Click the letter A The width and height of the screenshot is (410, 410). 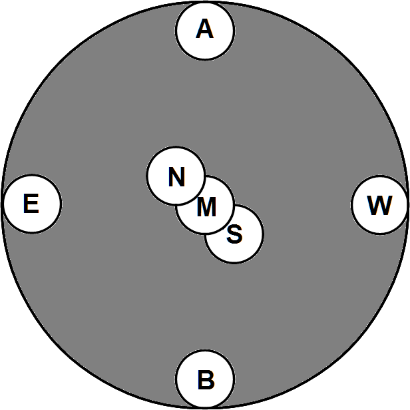[x=205, y=29]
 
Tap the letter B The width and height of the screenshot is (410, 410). [x=206, y=381]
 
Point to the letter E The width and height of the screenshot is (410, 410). [x=31, y=204]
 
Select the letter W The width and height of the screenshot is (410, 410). [x=379, y=206]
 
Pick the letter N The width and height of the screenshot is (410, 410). [x=176, y=177]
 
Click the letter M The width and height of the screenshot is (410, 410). [x=207, y=208]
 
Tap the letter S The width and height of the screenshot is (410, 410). [x=234, y=234]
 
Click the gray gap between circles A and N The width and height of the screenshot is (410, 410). [x=193, y=100]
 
